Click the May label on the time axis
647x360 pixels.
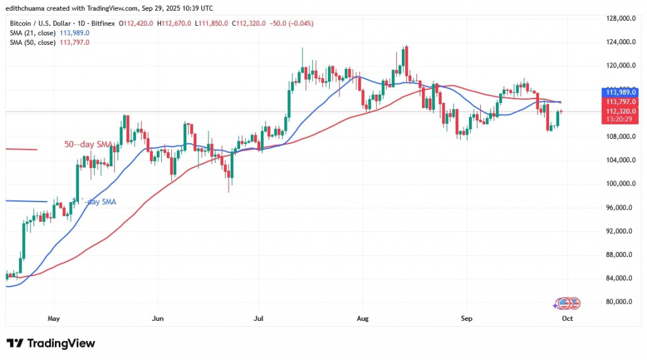[x=54, y=319]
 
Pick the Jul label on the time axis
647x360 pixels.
[x=258, y=319]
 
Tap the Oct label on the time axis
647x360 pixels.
[x=567, y=319]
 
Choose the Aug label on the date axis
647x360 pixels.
[x=361, y=319]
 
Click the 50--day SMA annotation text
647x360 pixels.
[x=88, y=145]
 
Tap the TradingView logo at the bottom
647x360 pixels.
[x=51, y=344]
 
